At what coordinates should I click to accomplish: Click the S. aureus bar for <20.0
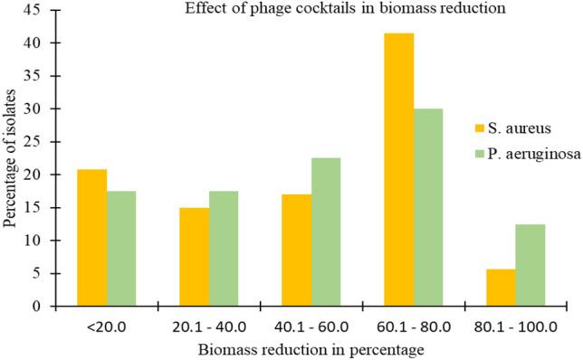pyautogui.click(x=91, y=238)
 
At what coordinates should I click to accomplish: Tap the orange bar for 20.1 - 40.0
pyautogui.click(x=195, y=257)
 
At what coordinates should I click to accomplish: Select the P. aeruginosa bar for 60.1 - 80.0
pyautogui.click(x=429, y=207)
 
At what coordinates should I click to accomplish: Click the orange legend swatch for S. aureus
pyautogui.click(x=483, y=126)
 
